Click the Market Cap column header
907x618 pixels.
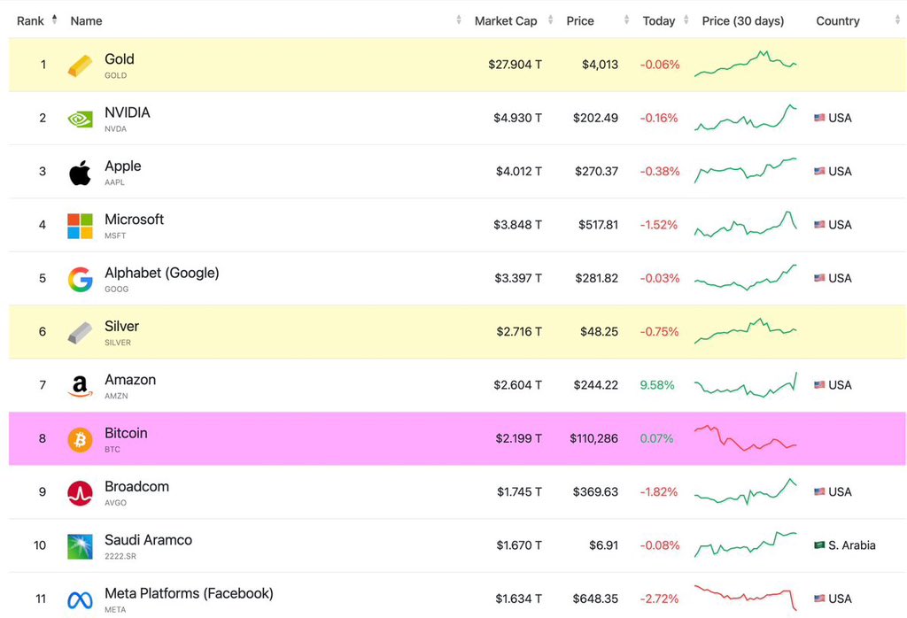[x=506, y=20]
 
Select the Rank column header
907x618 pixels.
[x=30, y=20]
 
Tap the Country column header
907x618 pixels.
[x=837, y=20]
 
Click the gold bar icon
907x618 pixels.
[x=80, y=66]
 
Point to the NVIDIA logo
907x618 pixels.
[x=80, y=119]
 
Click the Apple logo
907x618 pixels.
[x=80, y=172]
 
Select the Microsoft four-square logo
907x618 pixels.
[x=80, y=226]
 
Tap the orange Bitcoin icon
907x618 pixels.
[x=80, y=439]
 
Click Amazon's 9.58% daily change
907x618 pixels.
[x=656, y=385]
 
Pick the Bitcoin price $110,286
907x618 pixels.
[x=593, y=438]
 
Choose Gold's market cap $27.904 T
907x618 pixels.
[x=515, y=65]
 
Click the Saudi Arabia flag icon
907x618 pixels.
[x=819, y=545]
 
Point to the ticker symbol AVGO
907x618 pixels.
[x=115, y=503]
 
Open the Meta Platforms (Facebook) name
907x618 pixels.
[x=189, y=593]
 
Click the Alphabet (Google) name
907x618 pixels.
[x=161, y=273]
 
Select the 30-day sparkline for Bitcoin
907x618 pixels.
[x=746, y=438]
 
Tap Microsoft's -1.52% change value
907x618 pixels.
[x=659, y=225]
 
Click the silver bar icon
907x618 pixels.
[x=80, y=333]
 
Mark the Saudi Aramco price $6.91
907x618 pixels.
[x=603, y=545]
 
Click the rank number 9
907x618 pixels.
[x=42, y=491]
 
